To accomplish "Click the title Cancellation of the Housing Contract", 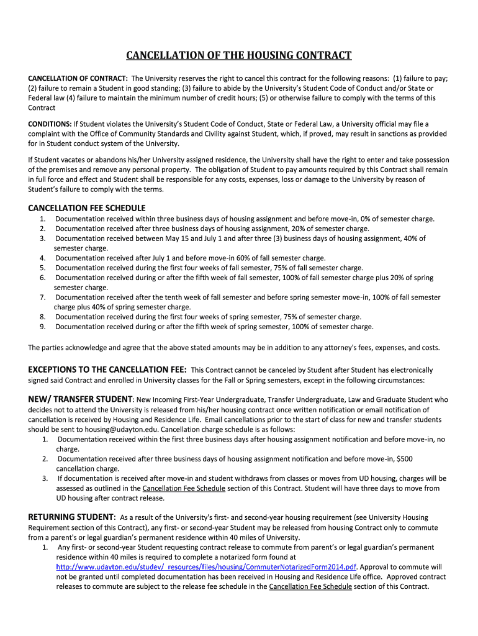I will (239, 56).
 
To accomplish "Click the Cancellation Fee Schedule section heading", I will (87, 207).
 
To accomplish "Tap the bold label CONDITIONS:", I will (50, 124).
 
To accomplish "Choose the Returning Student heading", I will (71, 517).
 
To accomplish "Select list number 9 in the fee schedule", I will (42, 327).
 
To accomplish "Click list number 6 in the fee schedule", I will (42, 278).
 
